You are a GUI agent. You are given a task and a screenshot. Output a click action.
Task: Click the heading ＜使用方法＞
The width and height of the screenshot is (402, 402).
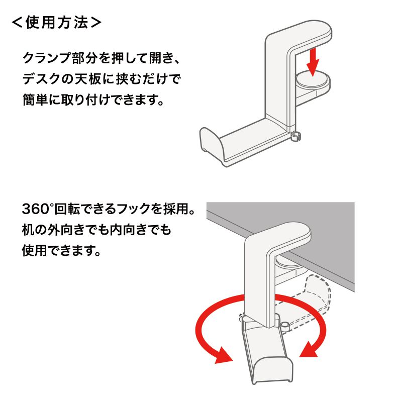point(57,23)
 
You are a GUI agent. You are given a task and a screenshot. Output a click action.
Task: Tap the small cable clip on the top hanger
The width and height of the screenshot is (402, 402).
point(296,136)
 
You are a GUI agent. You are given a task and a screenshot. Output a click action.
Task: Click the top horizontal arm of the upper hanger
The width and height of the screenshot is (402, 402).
point(301,33)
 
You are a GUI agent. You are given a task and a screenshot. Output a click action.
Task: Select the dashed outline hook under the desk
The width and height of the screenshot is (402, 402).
point(314,296)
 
